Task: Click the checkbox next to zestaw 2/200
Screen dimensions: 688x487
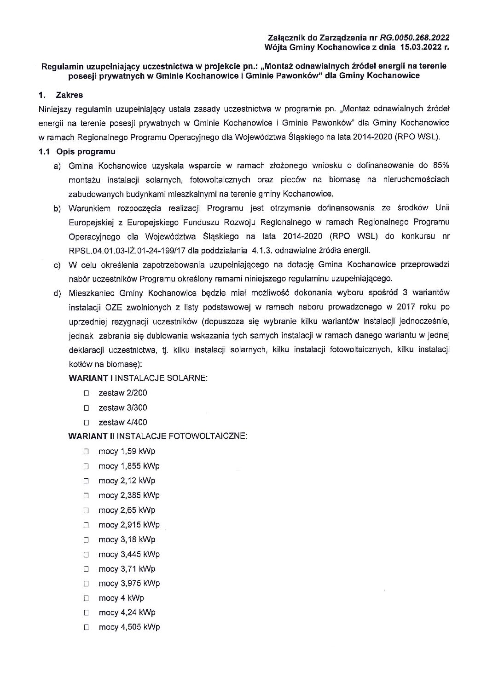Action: tap(86, 393)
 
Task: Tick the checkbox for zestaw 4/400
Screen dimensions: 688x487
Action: tap(86, 423)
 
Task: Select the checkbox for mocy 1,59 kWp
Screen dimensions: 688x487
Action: tap(86, 452)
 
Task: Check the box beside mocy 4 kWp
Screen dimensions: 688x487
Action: tap(86, 599)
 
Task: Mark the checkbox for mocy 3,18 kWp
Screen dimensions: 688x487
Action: tap(86, 540)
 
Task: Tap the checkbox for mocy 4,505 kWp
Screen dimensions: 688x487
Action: tap(86, 628)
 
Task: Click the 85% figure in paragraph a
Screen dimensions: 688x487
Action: tap(441, 166)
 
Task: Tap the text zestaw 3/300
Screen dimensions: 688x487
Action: tap(123, 408)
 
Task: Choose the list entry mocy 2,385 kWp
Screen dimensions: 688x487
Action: tap(129, 496)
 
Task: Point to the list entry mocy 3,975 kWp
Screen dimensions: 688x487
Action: tap(129, 584)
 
